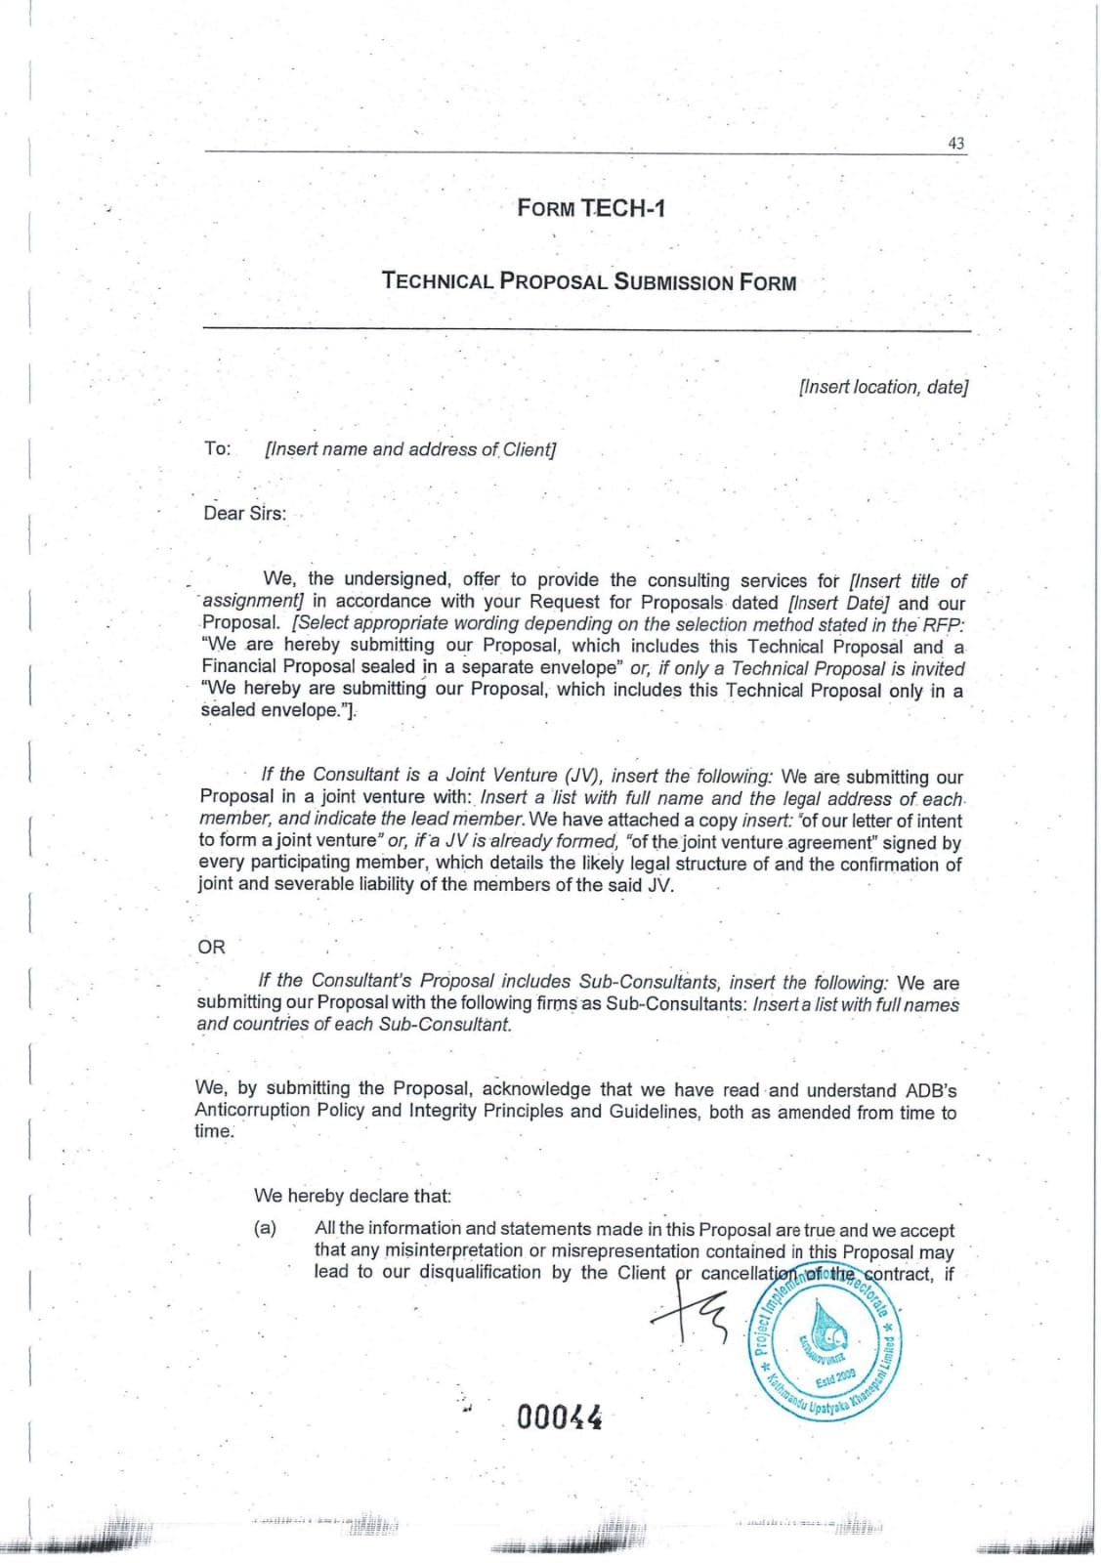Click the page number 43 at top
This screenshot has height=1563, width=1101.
point(955,143)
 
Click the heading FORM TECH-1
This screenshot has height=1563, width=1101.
point(591,208)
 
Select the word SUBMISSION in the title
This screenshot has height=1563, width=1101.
point(673,282)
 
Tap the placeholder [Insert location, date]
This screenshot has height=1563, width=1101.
point(883,387)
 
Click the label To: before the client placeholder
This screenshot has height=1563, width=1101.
point(217,448)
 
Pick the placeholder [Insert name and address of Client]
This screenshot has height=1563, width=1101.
point(410,449)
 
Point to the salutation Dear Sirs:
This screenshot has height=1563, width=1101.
point(244,513)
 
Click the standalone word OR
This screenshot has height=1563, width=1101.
point(211,947)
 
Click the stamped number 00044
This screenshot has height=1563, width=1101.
point(559,1416)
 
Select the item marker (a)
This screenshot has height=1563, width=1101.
point(265,1228)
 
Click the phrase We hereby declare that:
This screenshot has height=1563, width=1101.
point(352,1195)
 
